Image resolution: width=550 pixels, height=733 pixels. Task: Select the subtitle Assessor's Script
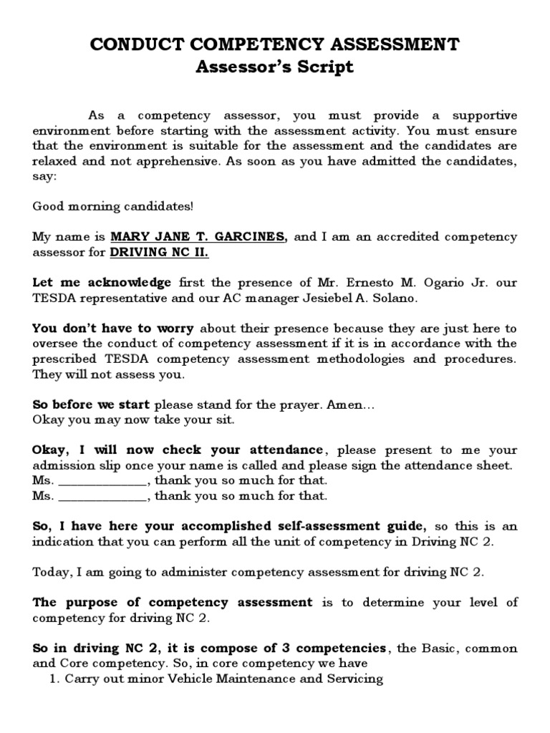pos(275,67)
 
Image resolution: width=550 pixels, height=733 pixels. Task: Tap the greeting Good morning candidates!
pos(112,206)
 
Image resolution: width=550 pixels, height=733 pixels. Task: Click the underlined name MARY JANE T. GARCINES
pos(198,237)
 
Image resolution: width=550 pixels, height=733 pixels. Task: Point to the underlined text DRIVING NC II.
pos(159,252)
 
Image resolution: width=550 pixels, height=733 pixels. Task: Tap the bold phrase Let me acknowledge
pos(102,283)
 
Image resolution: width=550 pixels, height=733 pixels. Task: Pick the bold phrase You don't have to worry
pos(113,329)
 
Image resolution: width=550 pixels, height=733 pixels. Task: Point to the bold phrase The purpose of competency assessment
pos(173,602)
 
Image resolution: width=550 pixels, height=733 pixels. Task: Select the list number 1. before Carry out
pos(54,678)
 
